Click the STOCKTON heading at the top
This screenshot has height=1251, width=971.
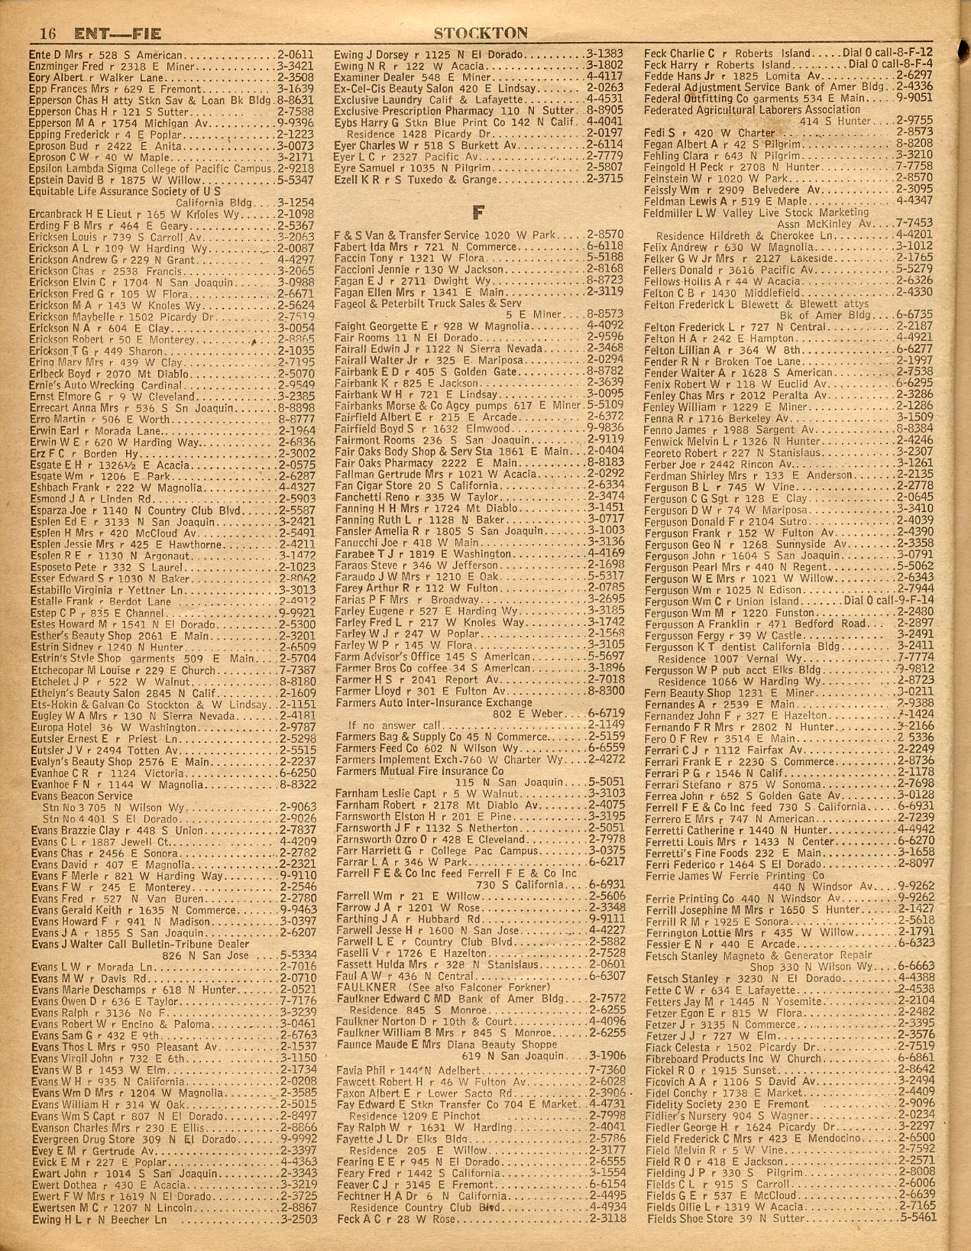pyautogui.click(x=480, y=33)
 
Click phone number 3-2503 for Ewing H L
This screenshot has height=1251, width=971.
pyautogui.click(x=298, y=1241)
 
